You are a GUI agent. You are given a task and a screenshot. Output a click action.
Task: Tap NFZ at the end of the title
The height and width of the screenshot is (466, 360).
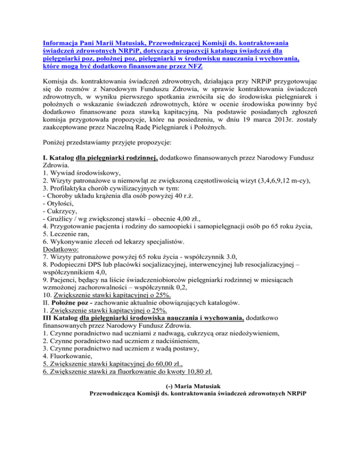pos(176,67)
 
